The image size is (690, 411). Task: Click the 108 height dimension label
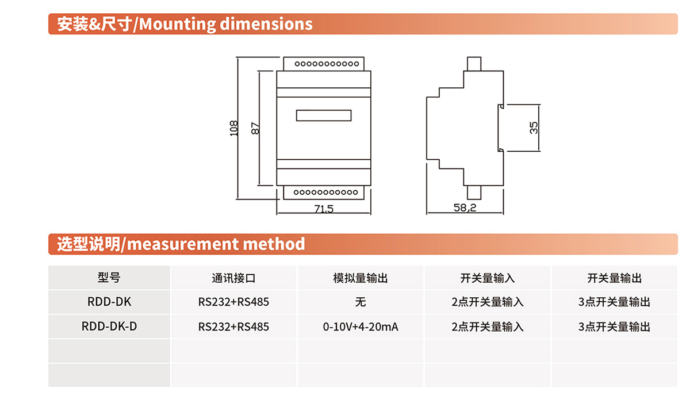pos(234,128)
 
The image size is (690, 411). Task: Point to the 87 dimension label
pos(255,128)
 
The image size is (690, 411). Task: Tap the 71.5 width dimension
pos(324,209)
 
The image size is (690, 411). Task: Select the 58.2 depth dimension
pos(465,208)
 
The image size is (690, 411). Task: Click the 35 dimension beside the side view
pos(534,128)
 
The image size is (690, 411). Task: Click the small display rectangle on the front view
pos(324,116)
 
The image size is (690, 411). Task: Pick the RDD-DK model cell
pos(109,302)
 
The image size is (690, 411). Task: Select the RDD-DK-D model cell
pos(109,327)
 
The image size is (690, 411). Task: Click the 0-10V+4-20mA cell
pos(361,327)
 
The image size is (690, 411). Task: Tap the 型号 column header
pos(109,278)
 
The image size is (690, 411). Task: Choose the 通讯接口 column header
pos(234,278)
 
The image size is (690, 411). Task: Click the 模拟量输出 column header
pos(361,278)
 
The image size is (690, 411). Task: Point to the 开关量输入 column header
pos(488,278)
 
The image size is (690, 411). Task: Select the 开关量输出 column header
pos(615,278)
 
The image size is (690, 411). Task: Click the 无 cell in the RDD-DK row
pos(361,302)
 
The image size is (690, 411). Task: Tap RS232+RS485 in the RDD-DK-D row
pos(233,327)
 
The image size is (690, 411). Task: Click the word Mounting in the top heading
pos(177,24)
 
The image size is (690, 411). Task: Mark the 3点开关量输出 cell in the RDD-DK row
pos(615,302)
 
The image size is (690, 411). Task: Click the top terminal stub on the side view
pos(474,64)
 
